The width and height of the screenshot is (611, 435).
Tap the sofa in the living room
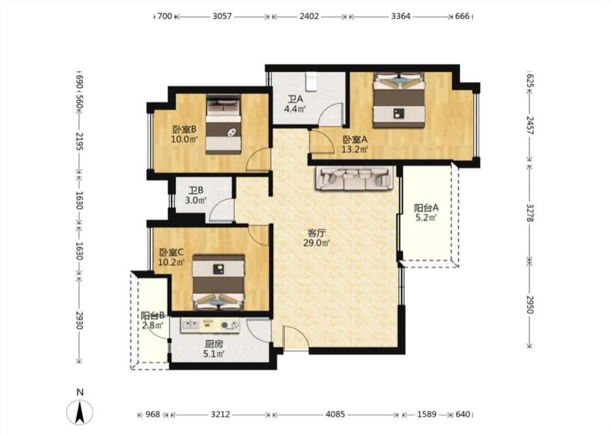pyautogui.click(x=354, y=178)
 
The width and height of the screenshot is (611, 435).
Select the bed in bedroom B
pyautogui.click(x=223, y=124)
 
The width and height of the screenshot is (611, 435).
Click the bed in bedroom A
pyautogui.click(x=398, y=100)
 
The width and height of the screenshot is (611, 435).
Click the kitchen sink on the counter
pyautogui.click(x=190, y=324)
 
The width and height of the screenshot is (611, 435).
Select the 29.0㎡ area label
pyautogui.click(x=316, y=243)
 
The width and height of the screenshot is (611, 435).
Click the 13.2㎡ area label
pyautogui.click(x=355, y=149)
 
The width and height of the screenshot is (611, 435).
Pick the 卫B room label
pyautogui.click(x=196, y=191)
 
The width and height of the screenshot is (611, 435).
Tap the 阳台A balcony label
pyautogui.click(x=426, y=208)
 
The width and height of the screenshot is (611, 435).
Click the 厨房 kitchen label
pyautogui.click(x=214, y=344)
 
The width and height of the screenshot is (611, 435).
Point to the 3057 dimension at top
pyautogui.click(x=222, y=16)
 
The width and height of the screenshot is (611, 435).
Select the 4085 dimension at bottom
pyautogui.click(x=335, y=414)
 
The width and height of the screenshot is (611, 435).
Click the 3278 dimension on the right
pyautogui.click(x=530, y=213)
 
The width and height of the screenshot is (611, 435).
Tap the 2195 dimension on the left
pyautogui.click(x=79, y=142)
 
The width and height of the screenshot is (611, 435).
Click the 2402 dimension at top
pyautogui.click(x=309, y=16)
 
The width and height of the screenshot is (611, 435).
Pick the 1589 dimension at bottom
pyautogui.click(x=426, y=414)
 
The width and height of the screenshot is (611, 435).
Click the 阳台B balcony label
pyautogui.click(x=152, y=315)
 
